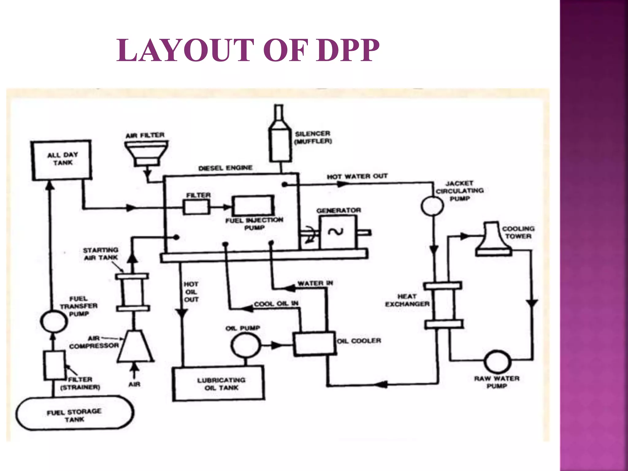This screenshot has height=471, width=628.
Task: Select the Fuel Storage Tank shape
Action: [75, 413]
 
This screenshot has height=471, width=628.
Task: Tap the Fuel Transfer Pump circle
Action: [54, 321]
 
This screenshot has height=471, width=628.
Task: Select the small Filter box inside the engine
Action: [197, 207]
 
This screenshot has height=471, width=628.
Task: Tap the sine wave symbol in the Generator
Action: [335, 232]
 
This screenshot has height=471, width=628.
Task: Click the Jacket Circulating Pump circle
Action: [432, 206]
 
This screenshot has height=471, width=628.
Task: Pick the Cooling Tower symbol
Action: [493, 239]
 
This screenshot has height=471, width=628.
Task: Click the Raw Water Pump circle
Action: [497, 362]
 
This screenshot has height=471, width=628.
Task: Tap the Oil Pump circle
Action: [246, 345]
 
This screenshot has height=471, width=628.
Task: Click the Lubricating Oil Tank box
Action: [219, 384]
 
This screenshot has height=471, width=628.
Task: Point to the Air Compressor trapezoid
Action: [135, 347]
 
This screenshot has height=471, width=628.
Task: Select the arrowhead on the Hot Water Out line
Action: [343, 184]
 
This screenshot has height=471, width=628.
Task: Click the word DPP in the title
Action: [348, 50]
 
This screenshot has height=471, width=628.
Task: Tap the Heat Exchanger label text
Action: [407, 300]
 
